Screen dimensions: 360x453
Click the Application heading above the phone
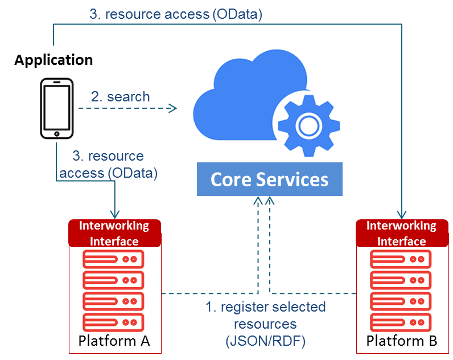pyautogui.click(x=53, y=60)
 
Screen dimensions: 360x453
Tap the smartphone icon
pyautogui.click(x=56, y=108)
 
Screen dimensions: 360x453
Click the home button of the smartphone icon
pyautogui.click(x=56, y=134)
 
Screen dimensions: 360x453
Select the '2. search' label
pyautogui.click(x=120, y=97)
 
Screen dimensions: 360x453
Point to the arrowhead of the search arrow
pyautogui.click(x=173, y=108)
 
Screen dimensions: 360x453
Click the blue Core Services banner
pyautogui.click(x=269, y=180)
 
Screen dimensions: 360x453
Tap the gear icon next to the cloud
pyautogui.click(x=308, y=124)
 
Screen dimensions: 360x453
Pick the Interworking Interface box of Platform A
pyautogui.click(x=114, y=233)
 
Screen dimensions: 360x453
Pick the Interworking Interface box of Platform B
pyautogui.click(x=401, y=233)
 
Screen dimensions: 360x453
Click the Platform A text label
pyautogui.click(x=114, y=341)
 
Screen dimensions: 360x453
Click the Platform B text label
pyautogui.click(x=401, y=341)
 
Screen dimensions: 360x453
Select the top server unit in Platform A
pyautogui.click(x=114, y=260)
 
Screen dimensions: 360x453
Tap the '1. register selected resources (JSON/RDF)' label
pyautogui.click(x=265, y=324)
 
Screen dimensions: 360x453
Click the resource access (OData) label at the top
pyautogui.click(x=176, y=15)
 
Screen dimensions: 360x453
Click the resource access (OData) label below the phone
pyautogui.click(x=108, y=163)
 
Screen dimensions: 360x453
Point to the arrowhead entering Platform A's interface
pyautogui.click(x=116, y=213)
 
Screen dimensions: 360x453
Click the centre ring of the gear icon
pyautogui.click(x=308, y=124)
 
